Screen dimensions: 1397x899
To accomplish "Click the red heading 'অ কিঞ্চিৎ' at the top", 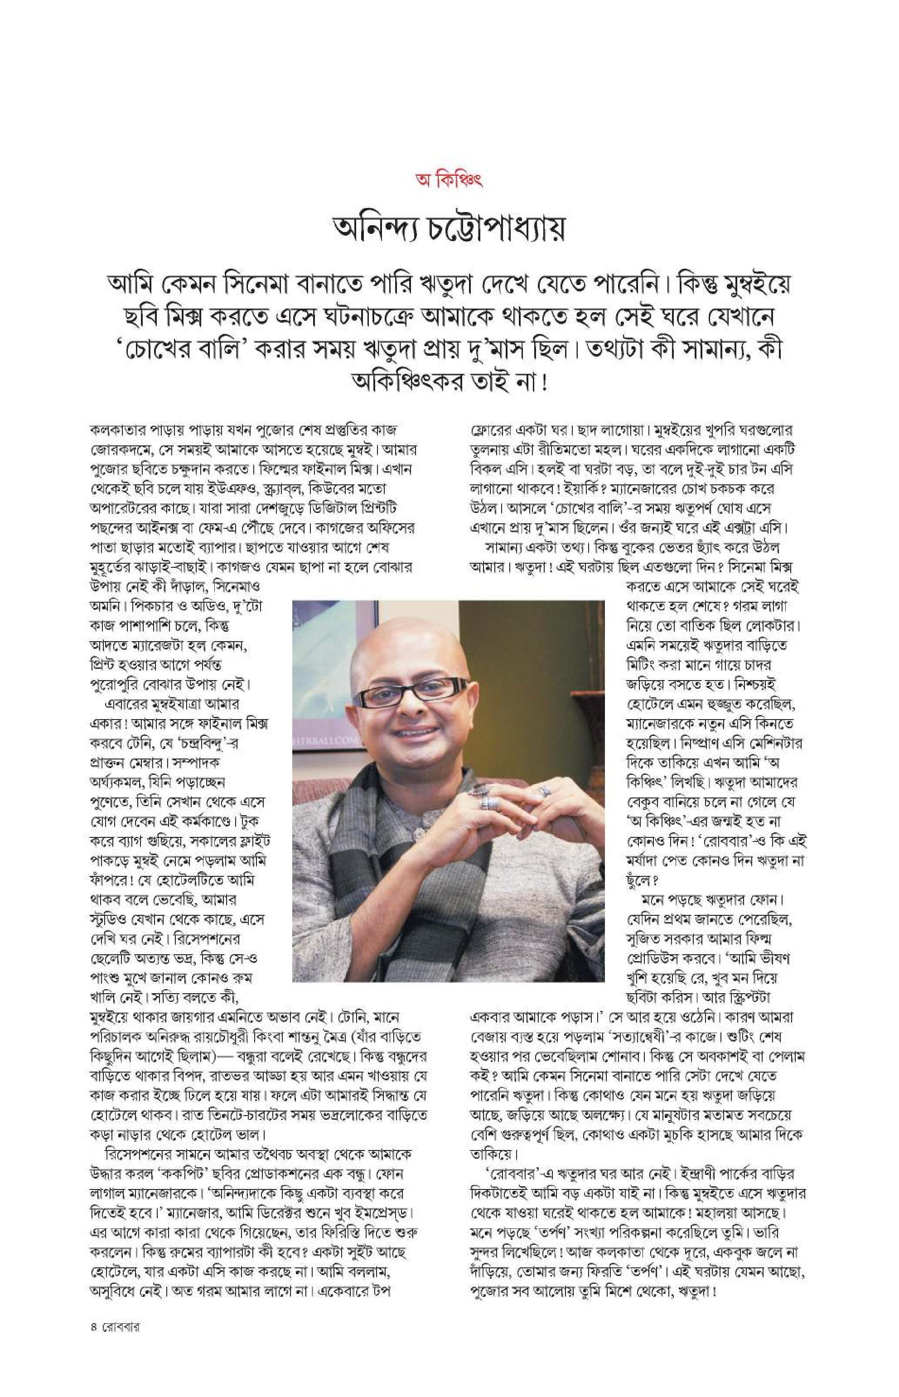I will click(x=449, y=179).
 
